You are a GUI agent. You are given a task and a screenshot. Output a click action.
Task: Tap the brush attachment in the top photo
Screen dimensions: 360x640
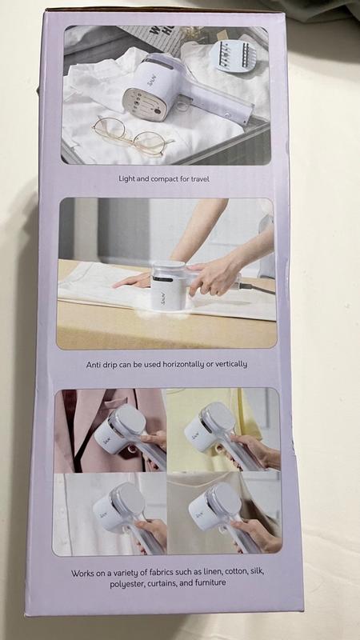(x=234, y=57)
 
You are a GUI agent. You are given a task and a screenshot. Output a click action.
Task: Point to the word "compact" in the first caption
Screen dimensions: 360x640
(x=163, y=179)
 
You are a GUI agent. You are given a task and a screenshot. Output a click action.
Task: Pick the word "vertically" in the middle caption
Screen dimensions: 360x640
(x=233, y=364)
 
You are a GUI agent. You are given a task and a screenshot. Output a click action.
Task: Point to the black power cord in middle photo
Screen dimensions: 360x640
(x=257, y=289)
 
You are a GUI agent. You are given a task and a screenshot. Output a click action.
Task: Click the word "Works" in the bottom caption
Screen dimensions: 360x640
(x=82, y=573)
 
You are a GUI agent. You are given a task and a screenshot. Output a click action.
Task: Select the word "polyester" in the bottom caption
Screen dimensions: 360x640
(x=126, y=585)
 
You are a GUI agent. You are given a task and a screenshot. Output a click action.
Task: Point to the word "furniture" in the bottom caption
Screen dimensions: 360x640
(x=210, y=583)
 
